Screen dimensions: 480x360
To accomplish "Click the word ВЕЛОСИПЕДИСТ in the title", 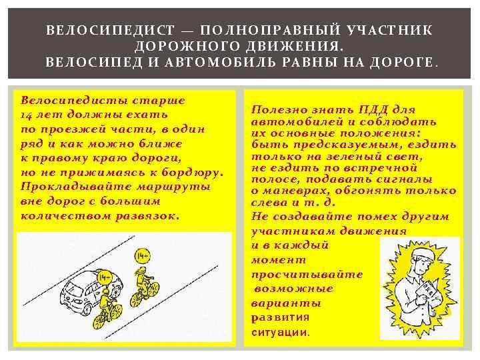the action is pos(110,30).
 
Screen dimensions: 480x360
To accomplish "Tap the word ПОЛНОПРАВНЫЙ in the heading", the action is pos(270,30).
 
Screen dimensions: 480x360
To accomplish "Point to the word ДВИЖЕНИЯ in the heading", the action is pos(295,47).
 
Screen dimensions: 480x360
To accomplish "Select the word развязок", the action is pos(147,217).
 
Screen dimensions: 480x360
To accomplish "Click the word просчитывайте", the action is pos(307,275).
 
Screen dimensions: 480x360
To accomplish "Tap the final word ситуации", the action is pos(281,333).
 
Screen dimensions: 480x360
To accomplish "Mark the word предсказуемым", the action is pos(346,145).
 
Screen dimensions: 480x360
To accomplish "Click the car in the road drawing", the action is pos(91,291).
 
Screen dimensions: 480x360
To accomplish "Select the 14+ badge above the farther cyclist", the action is pos(143,255).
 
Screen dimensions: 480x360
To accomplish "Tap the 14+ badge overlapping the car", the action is pos(105,278).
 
